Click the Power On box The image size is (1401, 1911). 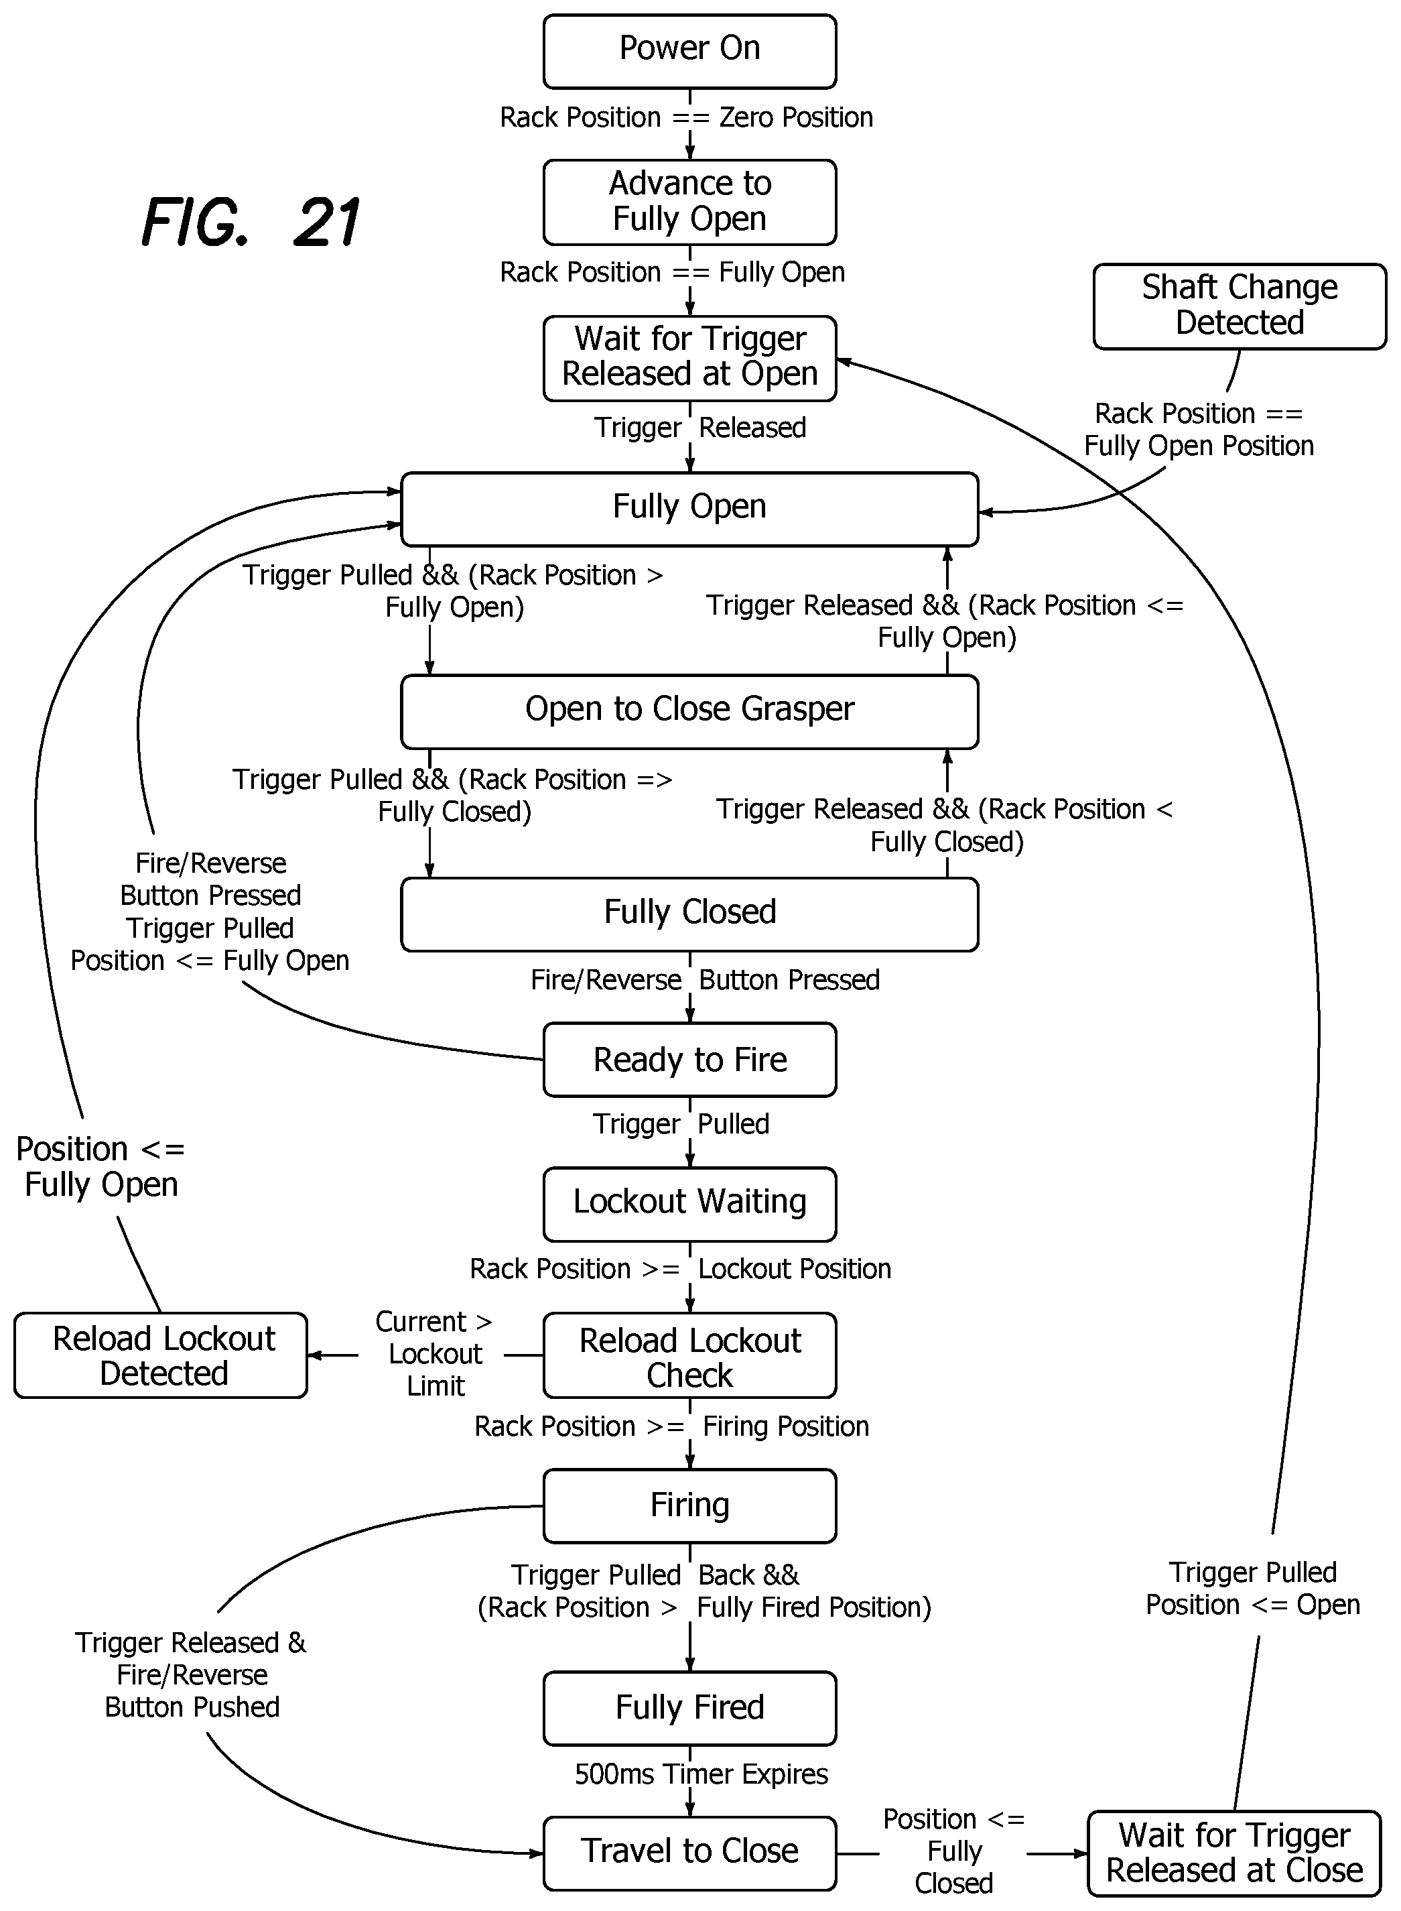689,51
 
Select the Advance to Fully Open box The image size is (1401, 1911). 689,202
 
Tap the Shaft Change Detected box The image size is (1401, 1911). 1239,306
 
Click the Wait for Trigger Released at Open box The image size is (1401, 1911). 689,358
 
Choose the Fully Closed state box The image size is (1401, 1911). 689,914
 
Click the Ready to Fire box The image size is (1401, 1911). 689,1060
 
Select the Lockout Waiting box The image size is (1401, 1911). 689,1205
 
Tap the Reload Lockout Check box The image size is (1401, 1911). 689,1355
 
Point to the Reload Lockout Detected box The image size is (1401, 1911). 160,1355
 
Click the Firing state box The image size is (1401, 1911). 689,1505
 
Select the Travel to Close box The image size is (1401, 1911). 689,1853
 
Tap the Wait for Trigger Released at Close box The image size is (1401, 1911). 1234,1853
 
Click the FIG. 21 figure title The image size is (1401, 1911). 251,223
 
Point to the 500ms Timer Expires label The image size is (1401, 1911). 702,1774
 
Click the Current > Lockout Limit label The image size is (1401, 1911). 434,1354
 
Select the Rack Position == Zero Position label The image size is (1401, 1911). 686,117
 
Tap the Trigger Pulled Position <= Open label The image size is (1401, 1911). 1252,1588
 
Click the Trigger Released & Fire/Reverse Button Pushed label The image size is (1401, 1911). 191,1674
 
